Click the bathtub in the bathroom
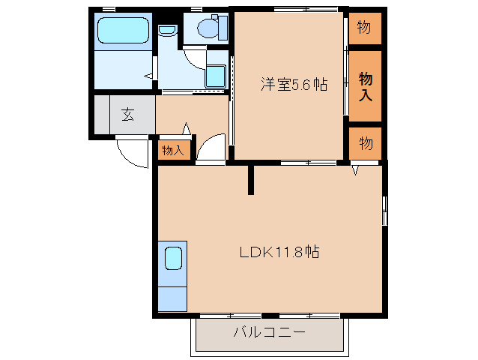click(124, 31)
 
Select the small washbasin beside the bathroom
click(167, 31)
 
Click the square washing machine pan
click(216, 76)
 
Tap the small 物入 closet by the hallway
click(173, 150)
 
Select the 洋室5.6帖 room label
click(294, 85)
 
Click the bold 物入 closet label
click(366, 85)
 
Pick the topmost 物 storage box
click(365, 28)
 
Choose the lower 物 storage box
click(365, 143)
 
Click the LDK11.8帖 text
click(279, 252)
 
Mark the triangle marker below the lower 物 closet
click(357, 172)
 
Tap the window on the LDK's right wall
click(385, 211)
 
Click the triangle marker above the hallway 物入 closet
click(187, 129)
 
